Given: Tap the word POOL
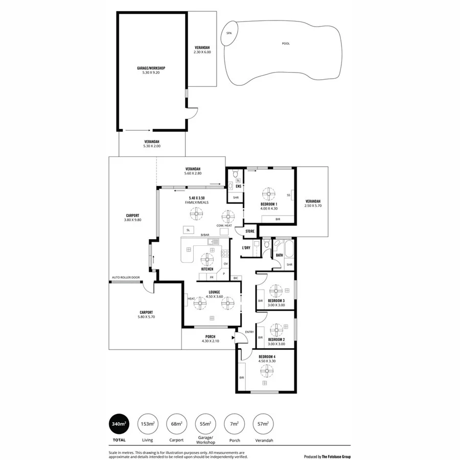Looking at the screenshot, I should click(x=286, y=43).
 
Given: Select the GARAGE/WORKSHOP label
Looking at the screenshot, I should click(x=151, y=68).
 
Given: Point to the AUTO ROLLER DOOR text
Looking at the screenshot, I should click(x=126, y=278).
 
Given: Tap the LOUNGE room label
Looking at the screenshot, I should click(x=214, y=292).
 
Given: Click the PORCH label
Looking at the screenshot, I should click(x=210, y=336).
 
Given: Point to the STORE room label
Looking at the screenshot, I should click(x=249, y=232).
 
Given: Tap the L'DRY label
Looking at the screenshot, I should click(x=246, y=248).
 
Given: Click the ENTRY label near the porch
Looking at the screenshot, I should click(x=249, y=332).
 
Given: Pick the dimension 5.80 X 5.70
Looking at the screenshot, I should click(x=146, y=317).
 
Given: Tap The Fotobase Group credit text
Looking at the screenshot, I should click(x=336, y=457).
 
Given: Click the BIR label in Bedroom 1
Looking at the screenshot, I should click(x=278, y=219).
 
